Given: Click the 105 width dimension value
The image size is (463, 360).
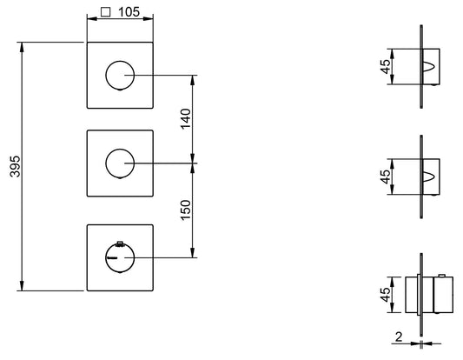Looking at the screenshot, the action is click(x=129, y=12).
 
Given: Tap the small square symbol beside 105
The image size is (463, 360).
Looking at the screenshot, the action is click(x=105, y=12).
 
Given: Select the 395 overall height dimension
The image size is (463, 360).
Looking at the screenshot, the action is click(x=15, y=166).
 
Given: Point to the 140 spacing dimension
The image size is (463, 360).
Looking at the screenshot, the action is click(x=186, y=119).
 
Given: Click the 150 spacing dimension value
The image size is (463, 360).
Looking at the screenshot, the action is click(x=186, y=210).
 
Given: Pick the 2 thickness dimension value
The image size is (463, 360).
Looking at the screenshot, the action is click(x=399, y=337).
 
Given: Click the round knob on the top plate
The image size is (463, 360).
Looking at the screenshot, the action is click(x=120, y=76).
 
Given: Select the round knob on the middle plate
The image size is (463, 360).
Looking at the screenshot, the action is click(x=120, y=163).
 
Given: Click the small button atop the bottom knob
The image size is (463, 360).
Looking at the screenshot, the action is click(x=120, y=243).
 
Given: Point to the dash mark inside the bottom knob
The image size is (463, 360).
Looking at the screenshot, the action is click(x=112, y=258).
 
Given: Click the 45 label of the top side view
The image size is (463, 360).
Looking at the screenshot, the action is click(x=386, y=66).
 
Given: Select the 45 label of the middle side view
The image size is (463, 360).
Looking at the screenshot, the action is click(x=386, y=177).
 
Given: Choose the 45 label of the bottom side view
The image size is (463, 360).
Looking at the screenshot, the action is click(x=386, y=295).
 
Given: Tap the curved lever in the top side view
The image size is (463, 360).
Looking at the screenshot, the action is click(x=429, y=66).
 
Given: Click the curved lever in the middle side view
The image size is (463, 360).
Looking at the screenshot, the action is click(x=429, y=177).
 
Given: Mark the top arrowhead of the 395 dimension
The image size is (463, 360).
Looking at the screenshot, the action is click(x=22, y=48).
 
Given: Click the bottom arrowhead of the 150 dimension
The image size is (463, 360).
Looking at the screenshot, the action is click(x=193, y=252).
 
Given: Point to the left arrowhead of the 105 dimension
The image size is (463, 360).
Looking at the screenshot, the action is click(x=92, y=19).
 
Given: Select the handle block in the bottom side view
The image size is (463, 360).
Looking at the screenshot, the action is click(x=443, y=295).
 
